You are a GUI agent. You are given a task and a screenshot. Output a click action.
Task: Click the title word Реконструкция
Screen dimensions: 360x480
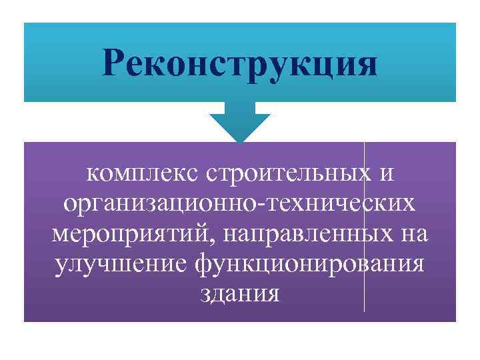coord(240,65)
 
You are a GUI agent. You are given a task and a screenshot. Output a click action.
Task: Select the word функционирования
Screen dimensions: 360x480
coord(308,265)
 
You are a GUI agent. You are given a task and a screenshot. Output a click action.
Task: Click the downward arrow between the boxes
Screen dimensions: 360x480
coord(240,120)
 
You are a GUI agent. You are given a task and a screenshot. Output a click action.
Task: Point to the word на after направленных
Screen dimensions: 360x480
coord(414,235)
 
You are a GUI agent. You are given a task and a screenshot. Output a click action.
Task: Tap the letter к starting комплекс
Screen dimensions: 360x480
coord(91,174)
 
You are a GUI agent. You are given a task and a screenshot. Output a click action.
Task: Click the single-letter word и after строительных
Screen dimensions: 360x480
coord(385,174)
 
